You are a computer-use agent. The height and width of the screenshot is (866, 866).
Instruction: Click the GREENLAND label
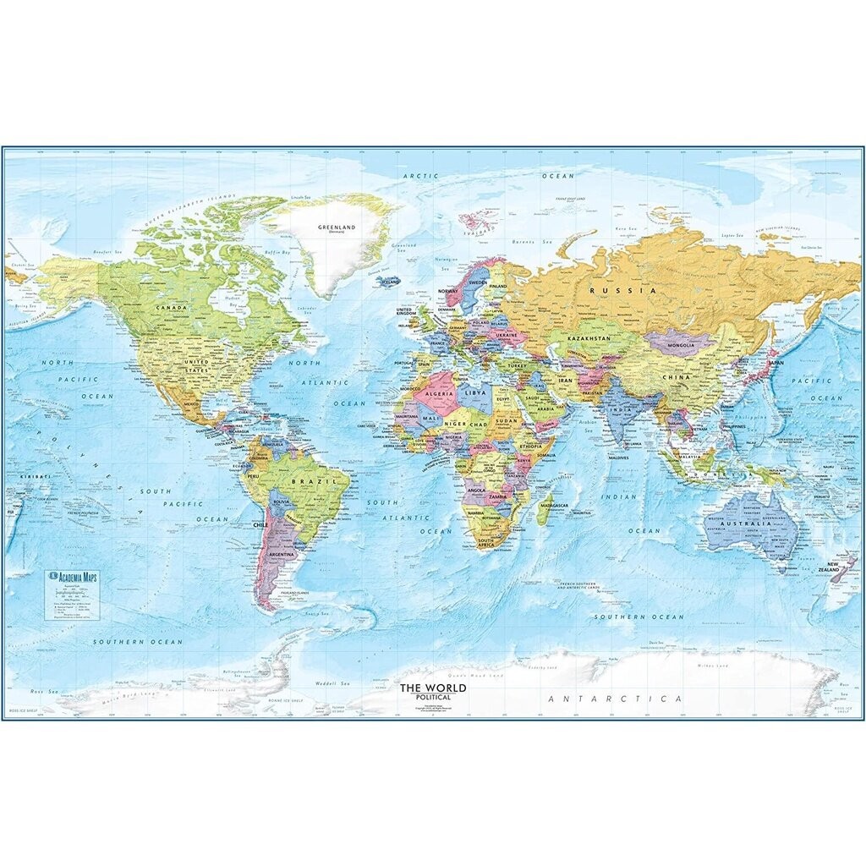[334, 227]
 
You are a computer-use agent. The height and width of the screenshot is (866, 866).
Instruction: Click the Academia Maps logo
[74, 576]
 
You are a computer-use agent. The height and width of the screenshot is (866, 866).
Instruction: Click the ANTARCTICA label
[615, 699]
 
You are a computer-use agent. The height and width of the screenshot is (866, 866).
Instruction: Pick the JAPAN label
[776, 363]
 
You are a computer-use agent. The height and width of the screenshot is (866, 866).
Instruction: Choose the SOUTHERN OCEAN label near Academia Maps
[138, 642]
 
